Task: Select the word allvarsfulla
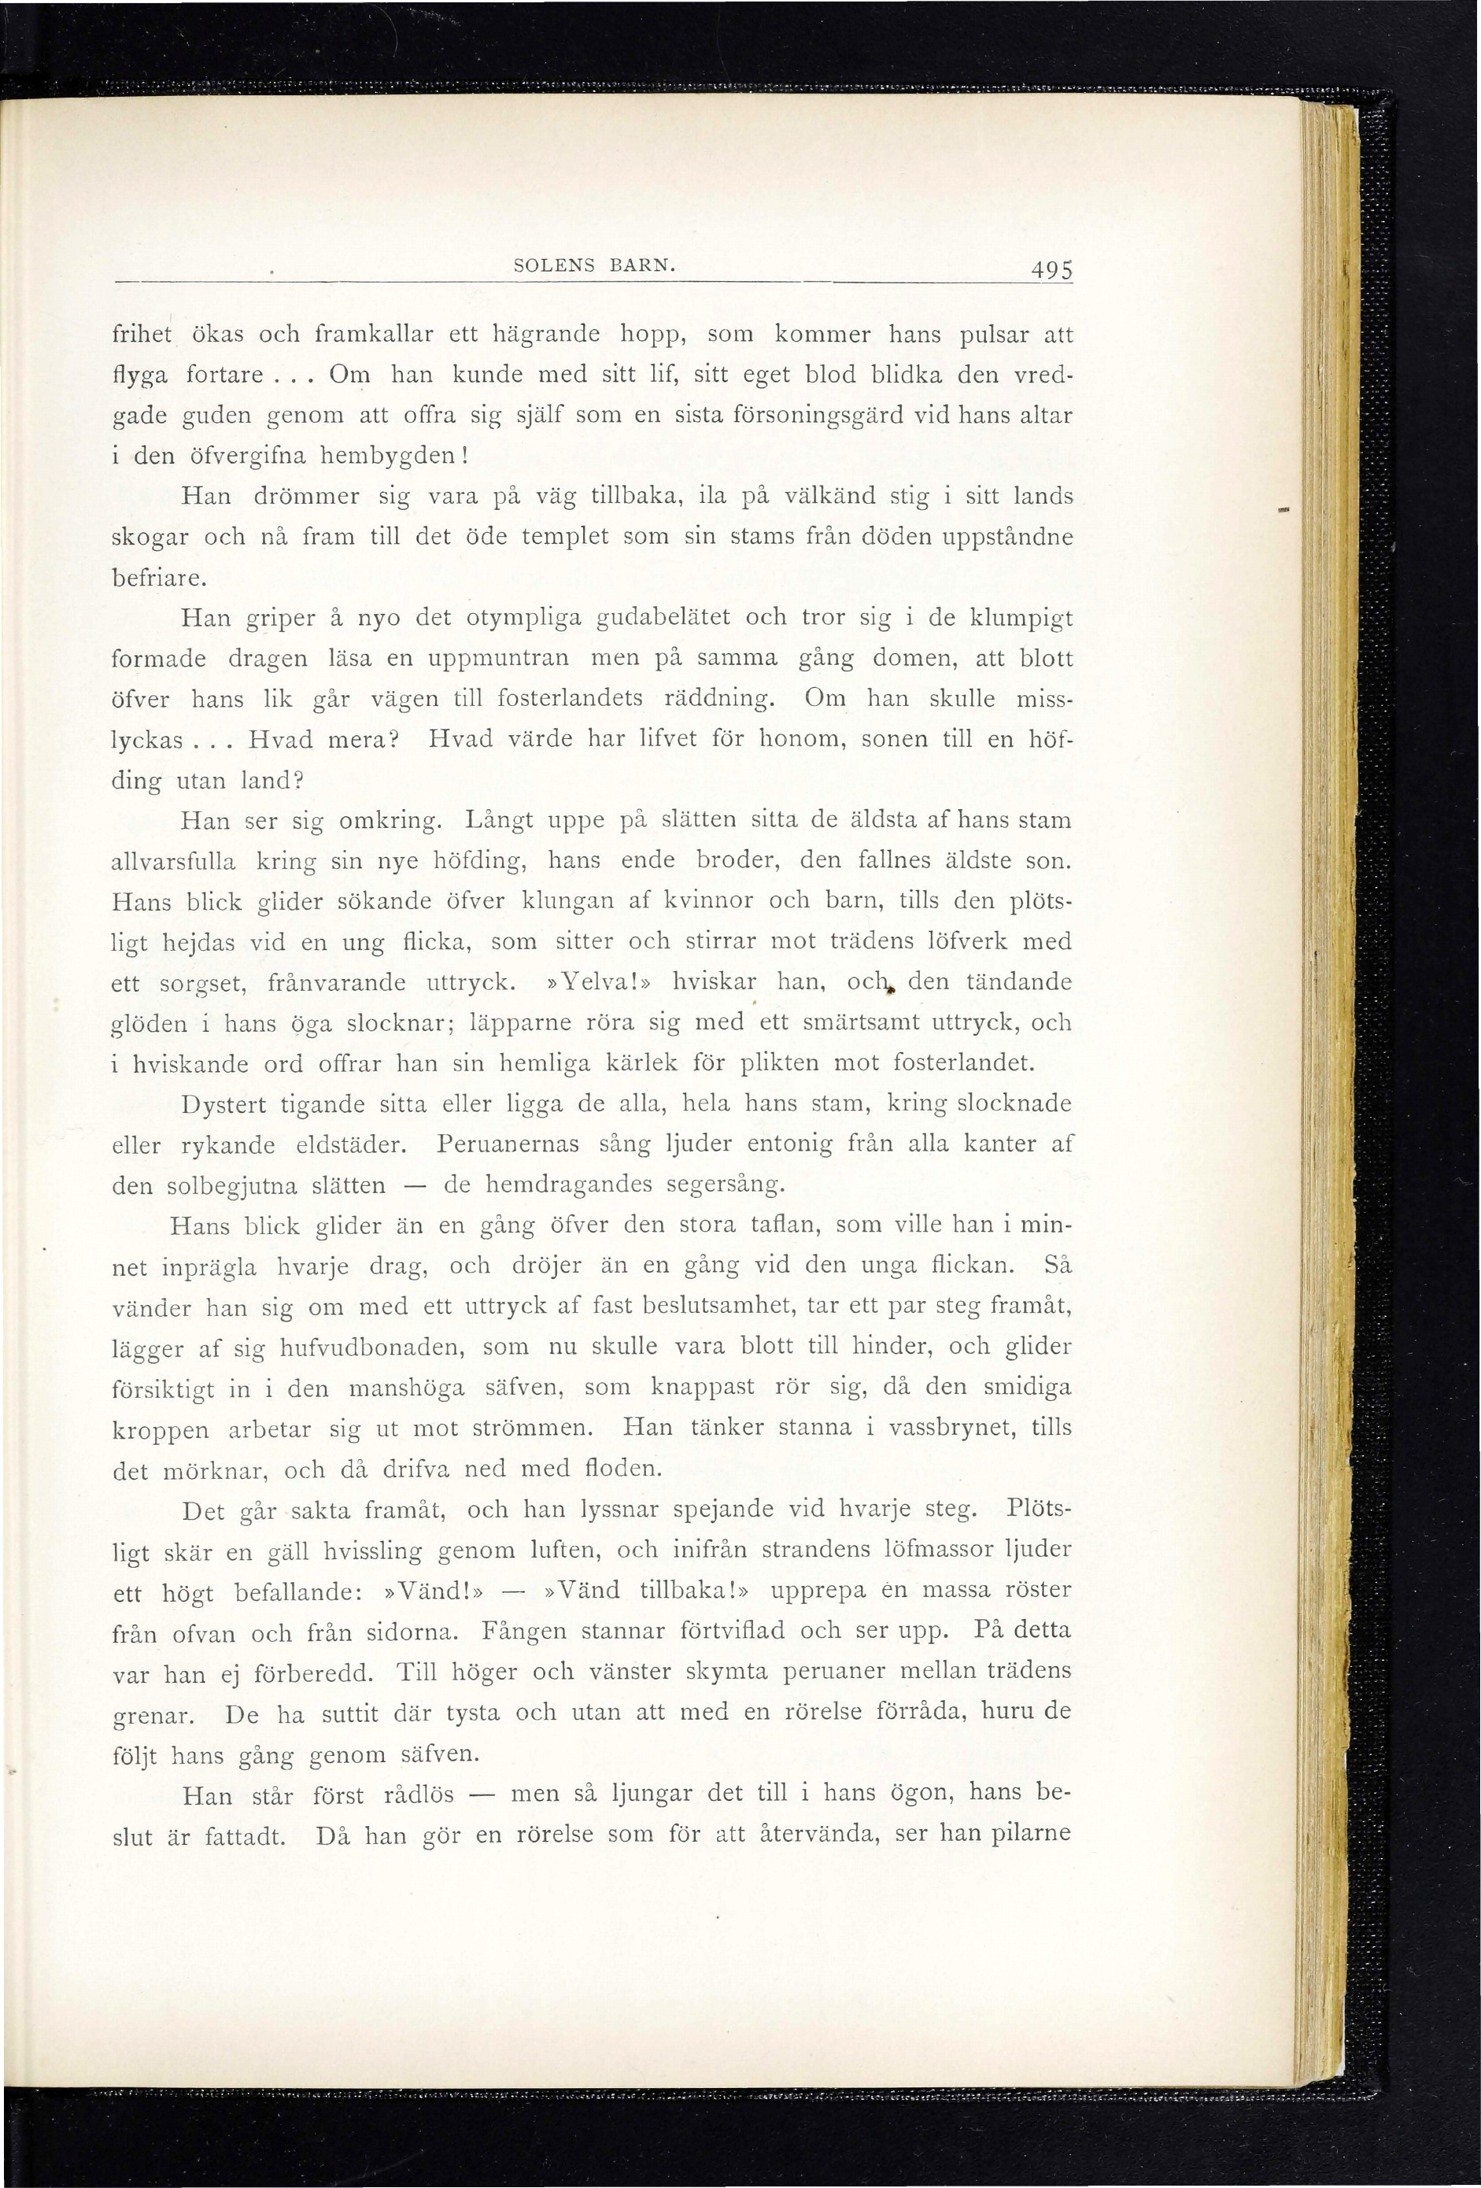pyautogui.click(x=173, y=860)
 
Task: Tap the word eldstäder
pyautogui.click(x=351, y=1145)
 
